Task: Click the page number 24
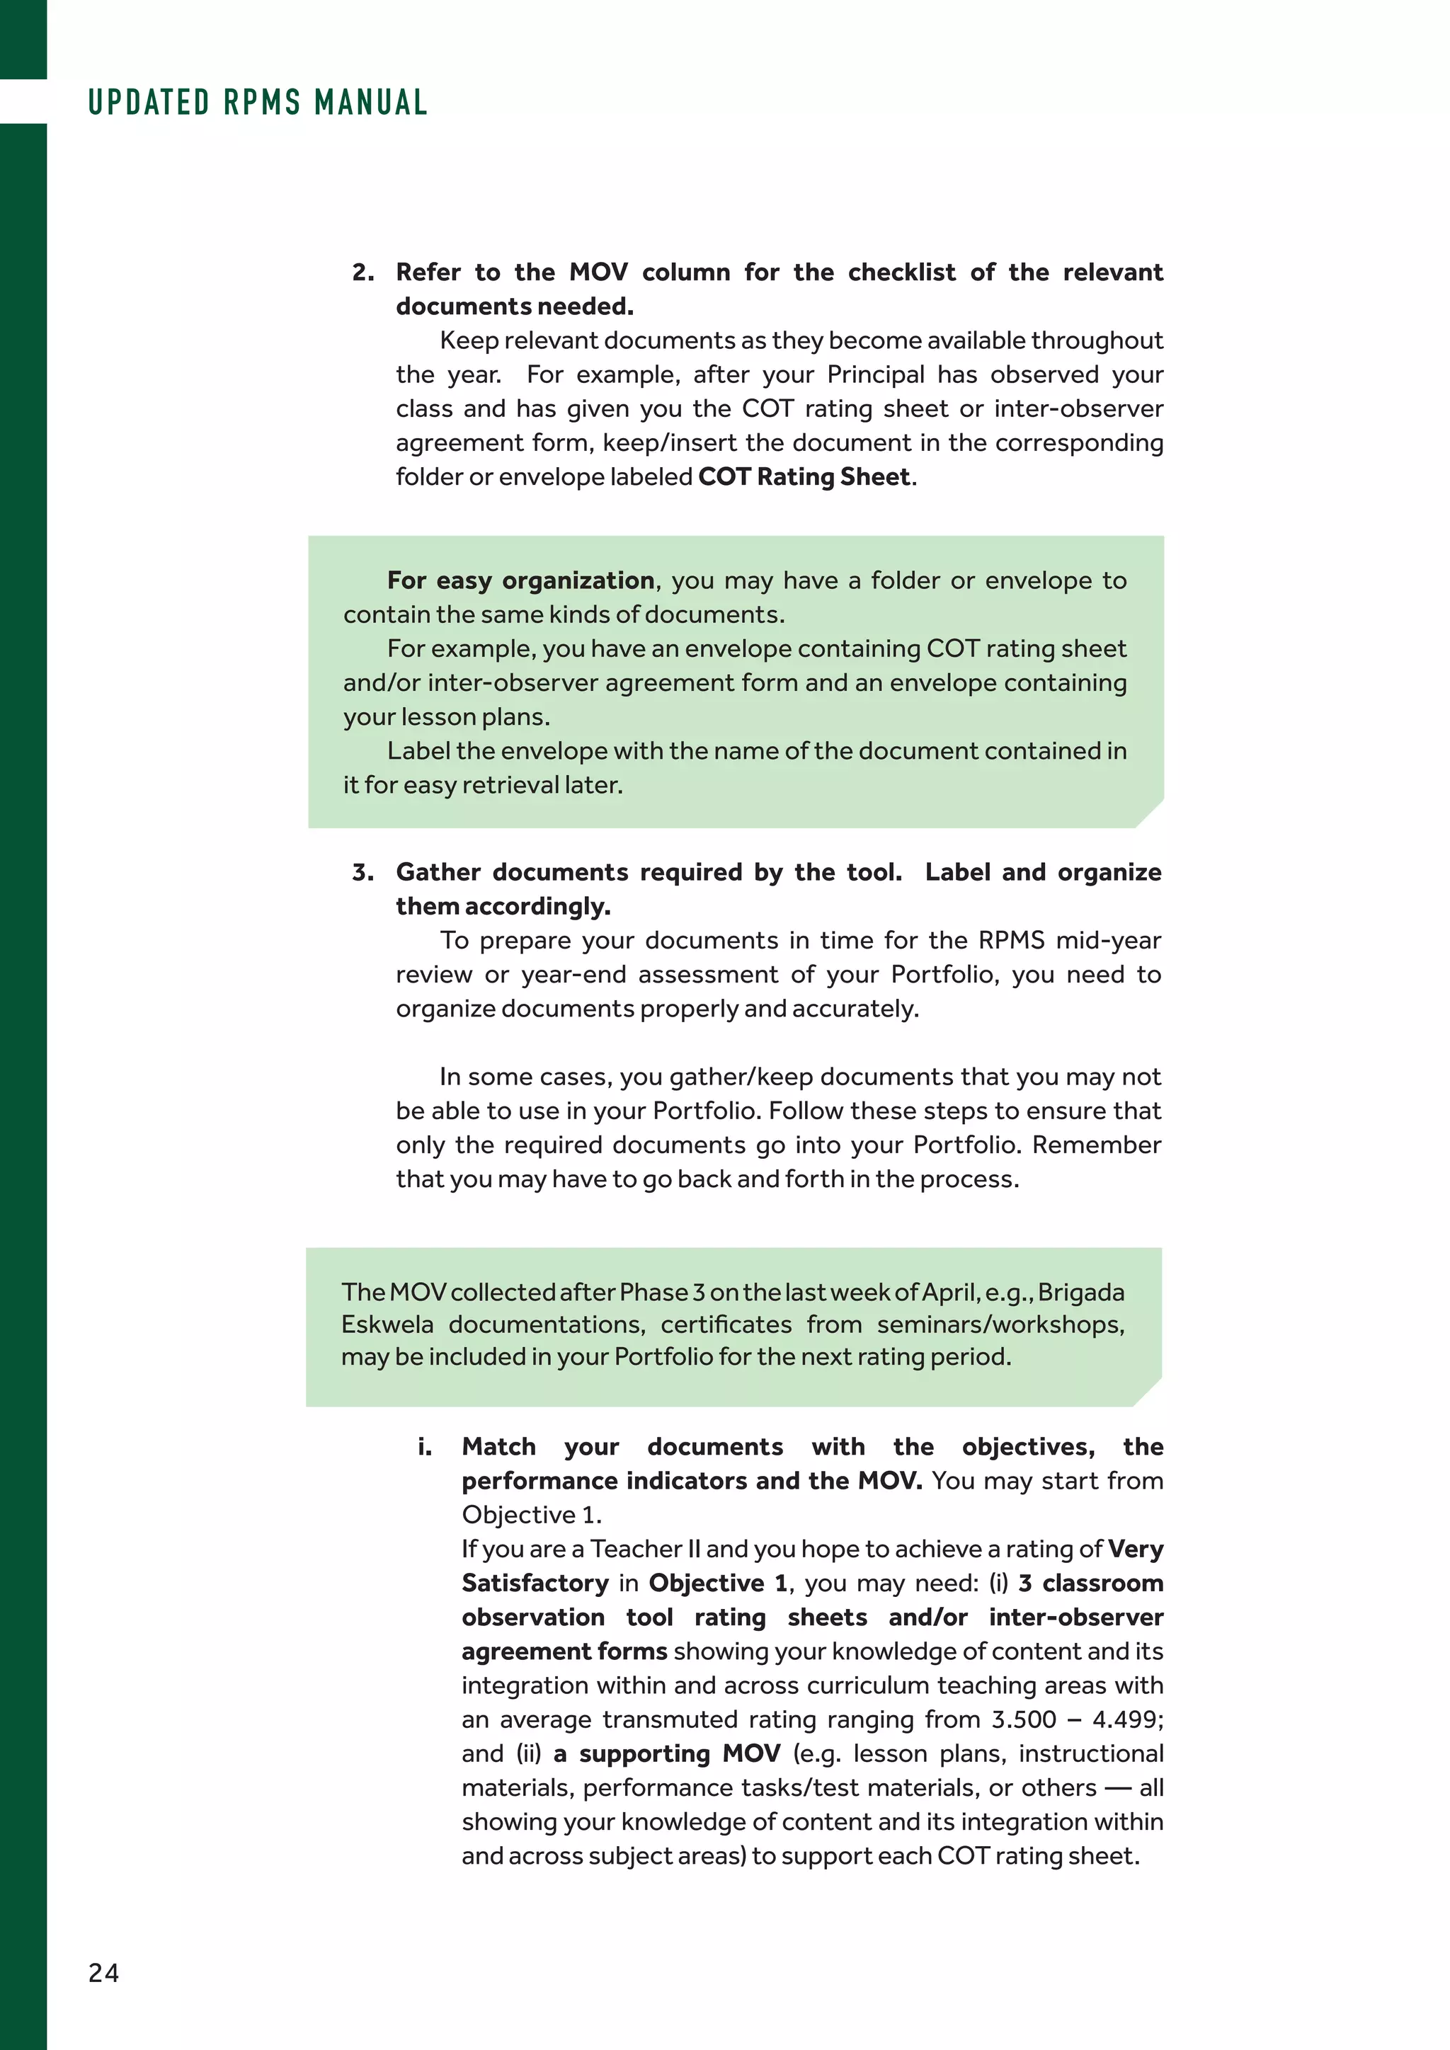pyautogui.click(x=103, y=1972)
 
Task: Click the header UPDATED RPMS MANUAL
pyautogui.click(x=258, y=103)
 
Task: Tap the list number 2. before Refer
pyautogui.click(x=363, y=273)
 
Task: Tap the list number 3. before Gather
pyautogui.click(x=363, y=872)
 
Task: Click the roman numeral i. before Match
pyautogui.click(x=425, y=1446)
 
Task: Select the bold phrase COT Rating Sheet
pyautogui.click(x=804, y=477)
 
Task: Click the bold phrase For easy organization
pyautogui.click(x=520, y=580)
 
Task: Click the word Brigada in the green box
pyautogui.click(x=1080, y=1292)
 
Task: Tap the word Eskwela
pyautogui.click(x=387, y=1324)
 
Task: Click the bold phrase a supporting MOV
pyautogui.click(x=667, y=1753)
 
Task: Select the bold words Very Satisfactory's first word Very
pyautogui.click(x=1135, y=1548)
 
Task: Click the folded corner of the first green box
pyautogui.click(x=1151, y=814)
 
